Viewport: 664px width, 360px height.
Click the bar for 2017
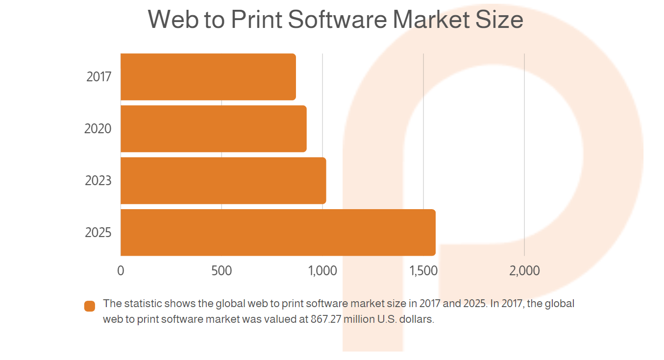click(x=208, y=77)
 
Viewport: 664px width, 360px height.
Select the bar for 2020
click(x=214, y=129)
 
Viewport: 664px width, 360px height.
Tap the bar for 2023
click(x=223, y=180)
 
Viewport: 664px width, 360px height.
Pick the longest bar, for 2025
click(x=278, y=232)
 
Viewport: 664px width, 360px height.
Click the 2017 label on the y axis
click(x=98, y=77)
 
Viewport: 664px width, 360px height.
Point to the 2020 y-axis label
click(x=98, y=129)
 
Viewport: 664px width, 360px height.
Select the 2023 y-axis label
click(x=98, y=180)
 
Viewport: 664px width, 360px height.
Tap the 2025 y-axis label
click(x=98, y=232)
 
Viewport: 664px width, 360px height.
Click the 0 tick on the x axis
click(x=121, y=270)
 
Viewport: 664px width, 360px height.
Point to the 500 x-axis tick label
click(x=221, y=270)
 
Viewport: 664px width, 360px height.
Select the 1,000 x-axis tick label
click(x=322, y=271)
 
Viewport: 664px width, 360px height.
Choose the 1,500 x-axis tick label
click(x=423, y=271)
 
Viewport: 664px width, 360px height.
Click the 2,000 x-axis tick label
click(x=524, y=271)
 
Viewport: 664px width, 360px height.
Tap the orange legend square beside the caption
click(x=90, y=306)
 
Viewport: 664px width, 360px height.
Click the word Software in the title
click(x=337, y=20)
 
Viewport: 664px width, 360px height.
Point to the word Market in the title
click(x=431, y=20)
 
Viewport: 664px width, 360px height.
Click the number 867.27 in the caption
click(x=326, y=319)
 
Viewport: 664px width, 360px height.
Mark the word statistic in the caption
click(x=144, y=304)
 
